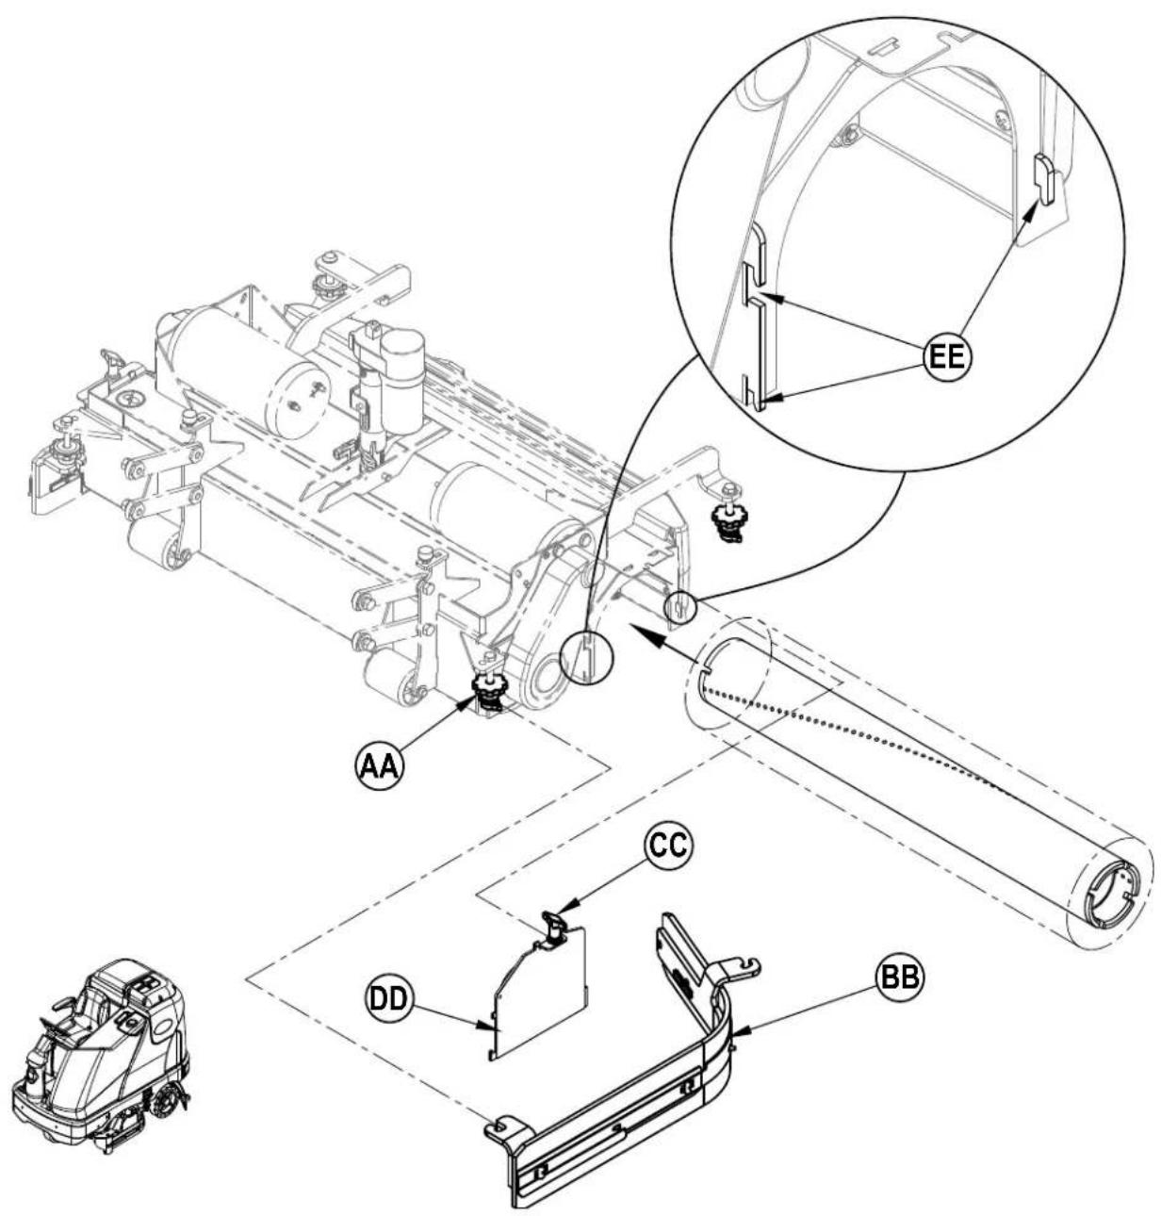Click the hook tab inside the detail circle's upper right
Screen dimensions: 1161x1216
point(1042,178)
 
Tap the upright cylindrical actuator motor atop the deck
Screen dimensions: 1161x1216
point(400,381)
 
